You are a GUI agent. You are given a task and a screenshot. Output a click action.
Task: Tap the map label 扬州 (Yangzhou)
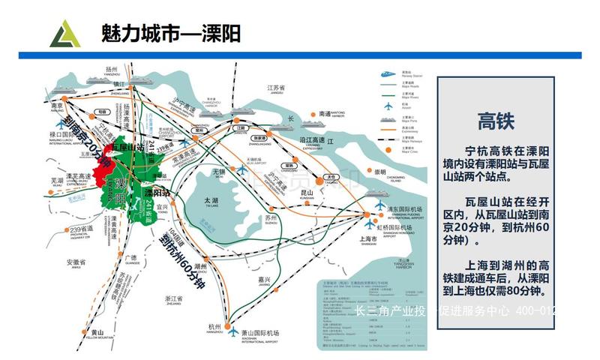(x=113, y=68)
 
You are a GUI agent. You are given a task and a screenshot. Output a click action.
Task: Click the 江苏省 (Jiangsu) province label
(x=278, y=88)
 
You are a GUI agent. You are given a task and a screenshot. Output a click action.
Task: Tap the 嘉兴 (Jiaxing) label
(x=264, y=279)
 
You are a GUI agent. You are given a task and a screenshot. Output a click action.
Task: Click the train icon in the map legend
(x=388, y=73)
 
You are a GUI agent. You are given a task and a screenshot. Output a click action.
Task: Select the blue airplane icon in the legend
(x=388, y=105)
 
